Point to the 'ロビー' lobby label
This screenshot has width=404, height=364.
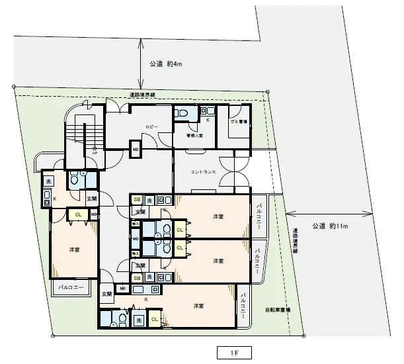point(151,125)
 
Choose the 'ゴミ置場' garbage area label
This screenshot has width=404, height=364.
point(239,122)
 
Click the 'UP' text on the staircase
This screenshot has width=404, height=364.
point(95,152)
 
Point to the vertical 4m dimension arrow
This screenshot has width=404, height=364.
point(141,64)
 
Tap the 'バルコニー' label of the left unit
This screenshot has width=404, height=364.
point(71,288)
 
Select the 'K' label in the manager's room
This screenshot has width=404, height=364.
point(208,120)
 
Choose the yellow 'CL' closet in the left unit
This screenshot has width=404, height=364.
point(78,214)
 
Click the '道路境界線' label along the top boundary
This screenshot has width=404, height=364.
point(142,95)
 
